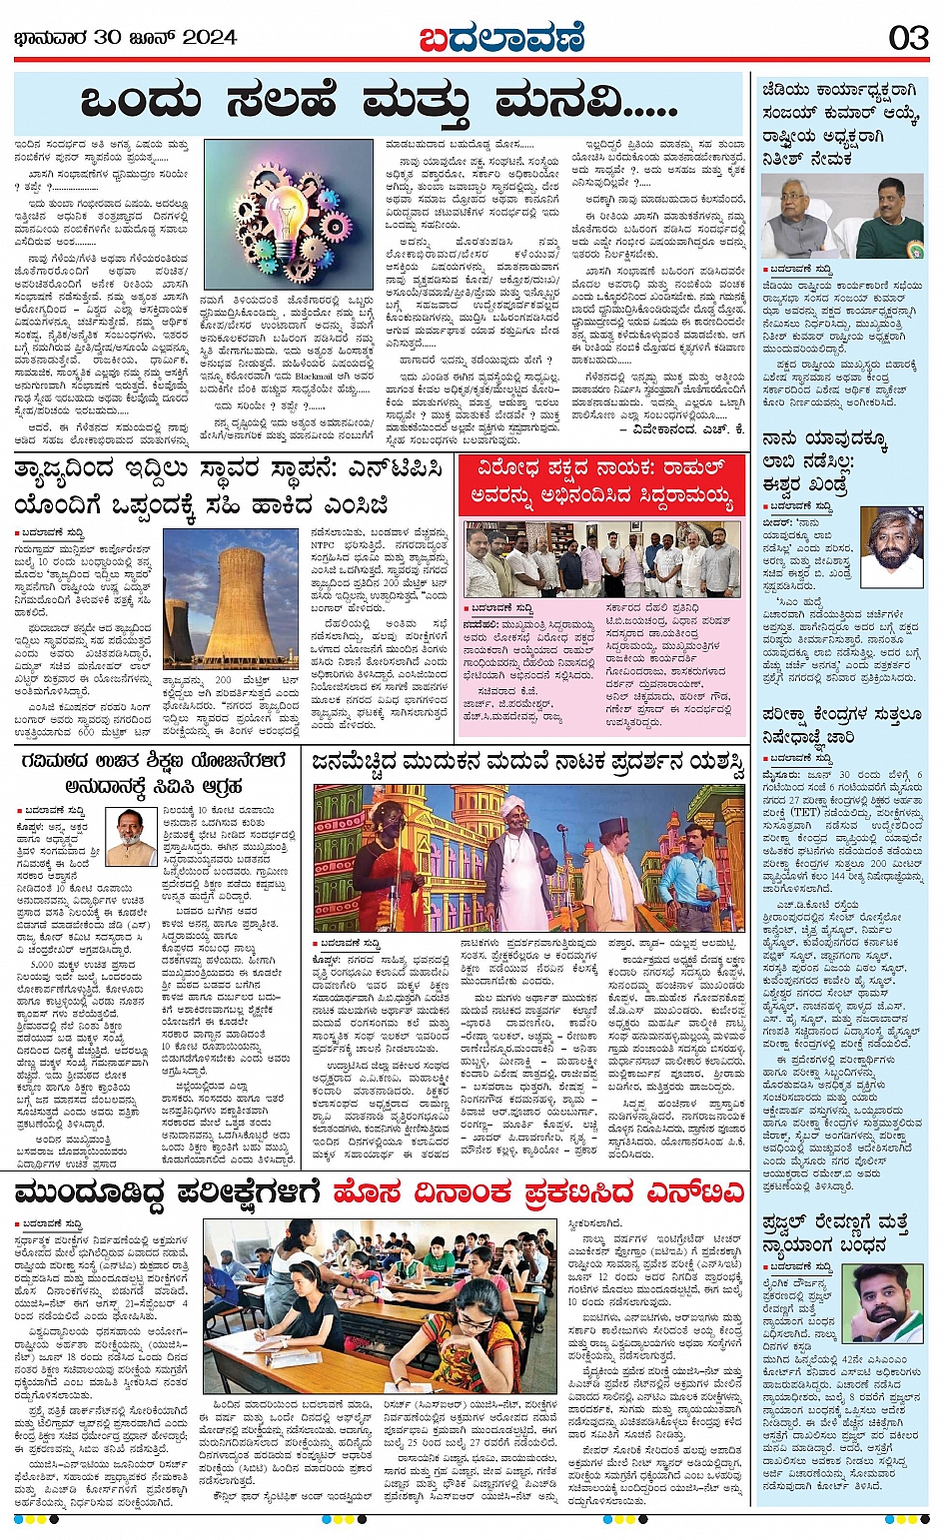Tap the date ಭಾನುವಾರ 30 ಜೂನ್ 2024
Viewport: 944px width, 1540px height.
126,38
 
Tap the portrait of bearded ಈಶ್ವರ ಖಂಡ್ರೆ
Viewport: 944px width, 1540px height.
892,546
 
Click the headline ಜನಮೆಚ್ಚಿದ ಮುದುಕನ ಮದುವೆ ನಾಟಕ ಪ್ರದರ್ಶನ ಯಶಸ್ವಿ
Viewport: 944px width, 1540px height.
528,764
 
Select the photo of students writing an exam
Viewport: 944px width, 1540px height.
380,1306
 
